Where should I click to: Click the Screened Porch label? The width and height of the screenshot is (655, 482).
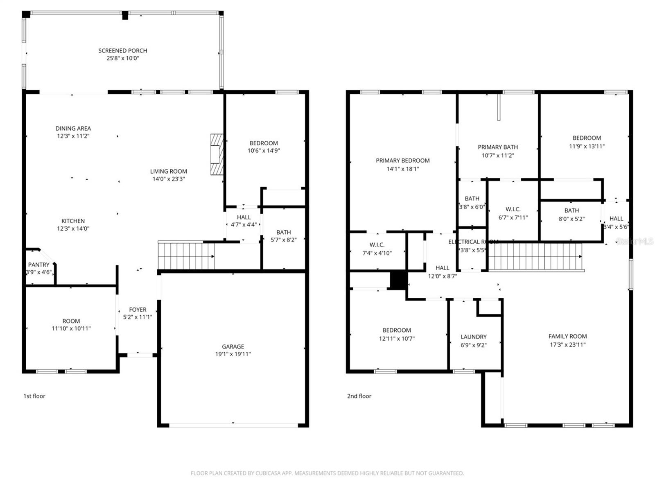(x=122, y=50)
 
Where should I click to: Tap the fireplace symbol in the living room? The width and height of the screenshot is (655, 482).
(x=217, y=154)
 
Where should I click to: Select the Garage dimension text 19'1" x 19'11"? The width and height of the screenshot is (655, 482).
(x=233, y=354)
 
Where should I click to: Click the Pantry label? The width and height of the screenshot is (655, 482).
(x=38, y=265)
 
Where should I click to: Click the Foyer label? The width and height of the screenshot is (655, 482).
(x=138, y=310)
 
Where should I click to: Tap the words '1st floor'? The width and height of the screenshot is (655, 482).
(x=34, y=396)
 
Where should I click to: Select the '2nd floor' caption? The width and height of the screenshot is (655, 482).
(x=359, y=396)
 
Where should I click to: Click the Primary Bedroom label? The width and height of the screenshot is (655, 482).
(x=403, y=161)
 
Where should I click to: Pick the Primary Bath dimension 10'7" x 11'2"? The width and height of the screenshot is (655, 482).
(x=498, y=155)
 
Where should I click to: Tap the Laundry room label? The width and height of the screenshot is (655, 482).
(x=474, y=337)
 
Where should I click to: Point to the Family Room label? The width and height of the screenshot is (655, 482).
(x=567, y=336)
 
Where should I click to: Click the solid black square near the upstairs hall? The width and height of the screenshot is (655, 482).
(x=399, y=281)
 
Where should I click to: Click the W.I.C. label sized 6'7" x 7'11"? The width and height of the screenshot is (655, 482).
(x=513, y=209)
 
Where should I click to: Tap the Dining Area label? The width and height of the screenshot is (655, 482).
(x=73, y=128)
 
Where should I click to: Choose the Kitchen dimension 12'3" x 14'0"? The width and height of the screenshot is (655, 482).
(x=73, y=229)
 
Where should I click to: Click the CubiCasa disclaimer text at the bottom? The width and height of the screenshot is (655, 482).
(x=327, y=473)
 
